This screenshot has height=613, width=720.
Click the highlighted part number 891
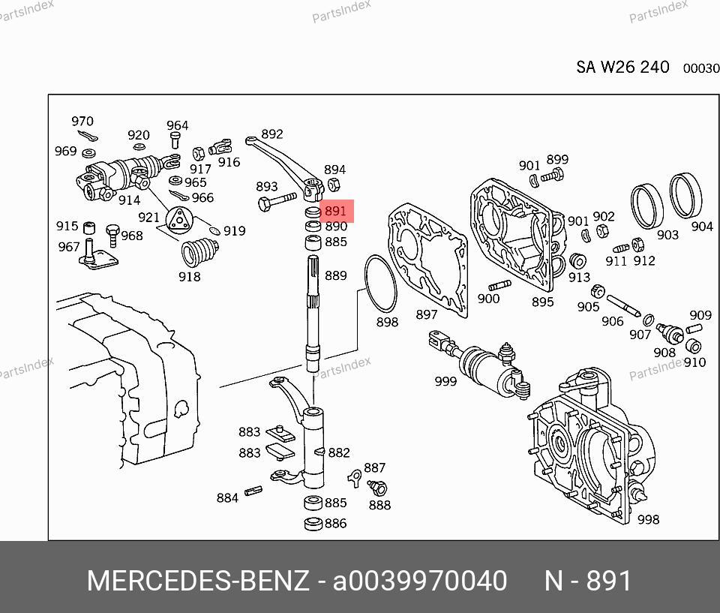pyautogui.click(x=335, y=211)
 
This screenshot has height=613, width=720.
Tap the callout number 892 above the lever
pyautogui.click(x=271, y=134)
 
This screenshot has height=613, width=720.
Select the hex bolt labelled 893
pyautogui.click(x=277, y=202)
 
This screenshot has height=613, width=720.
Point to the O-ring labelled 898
pyautogui.click(x=380, y=284)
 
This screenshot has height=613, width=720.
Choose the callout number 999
pyautogui.click(x=445, y=381)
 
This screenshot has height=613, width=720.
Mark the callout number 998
pyautogui.click(x=648, y=519)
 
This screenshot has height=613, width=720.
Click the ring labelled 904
pyautogui.click(x=685, y=196)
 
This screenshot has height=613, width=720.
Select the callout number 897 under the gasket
pyautogui.click(x=426, y=314)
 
